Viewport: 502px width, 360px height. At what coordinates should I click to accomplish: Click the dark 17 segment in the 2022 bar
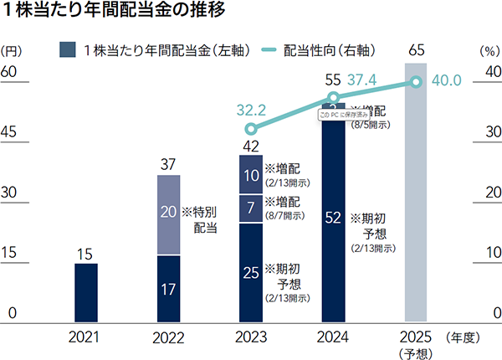pos(169,289)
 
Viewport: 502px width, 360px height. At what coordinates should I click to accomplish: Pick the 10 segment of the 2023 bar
pos(251,176)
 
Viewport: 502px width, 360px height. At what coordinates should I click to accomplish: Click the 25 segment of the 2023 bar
pos(251,272)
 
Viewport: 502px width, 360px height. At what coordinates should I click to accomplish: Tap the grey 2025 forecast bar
pos(416,193)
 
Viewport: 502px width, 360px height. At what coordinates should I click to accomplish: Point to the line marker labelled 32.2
pos(251,129)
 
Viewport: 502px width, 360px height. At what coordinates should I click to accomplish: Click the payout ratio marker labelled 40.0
pos(416,81)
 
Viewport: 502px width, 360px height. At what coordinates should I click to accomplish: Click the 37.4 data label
pos(361,81)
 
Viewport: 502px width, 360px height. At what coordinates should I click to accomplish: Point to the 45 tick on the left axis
pos(11,131)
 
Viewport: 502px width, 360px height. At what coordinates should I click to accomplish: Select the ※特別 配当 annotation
pos(202,219)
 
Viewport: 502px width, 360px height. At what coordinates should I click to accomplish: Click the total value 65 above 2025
pos(416,52)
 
